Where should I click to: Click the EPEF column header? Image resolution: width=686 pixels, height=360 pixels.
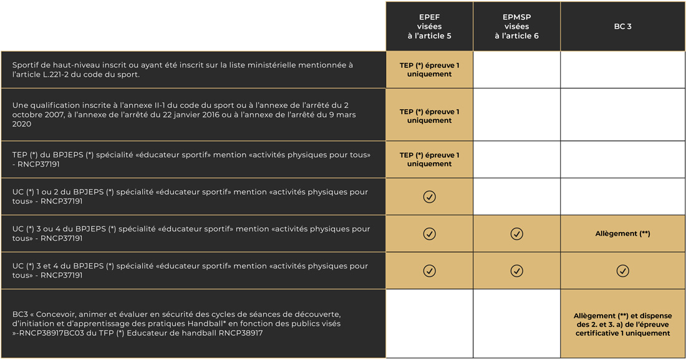[x=429, y=27]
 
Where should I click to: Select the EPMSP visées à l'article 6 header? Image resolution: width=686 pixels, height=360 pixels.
[x=516, y=27]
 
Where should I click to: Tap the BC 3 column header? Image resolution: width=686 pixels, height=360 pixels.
[x=622, y=27]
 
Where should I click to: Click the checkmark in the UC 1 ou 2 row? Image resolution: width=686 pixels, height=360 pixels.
[x=430, y=197]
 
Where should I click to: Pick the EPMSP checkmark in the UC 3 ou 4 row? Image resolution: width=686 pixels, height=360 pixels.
[x=516, y=233]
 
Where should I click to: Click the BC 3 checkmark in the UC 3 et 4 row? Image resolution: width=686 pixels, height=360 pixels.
[x=622, y=271]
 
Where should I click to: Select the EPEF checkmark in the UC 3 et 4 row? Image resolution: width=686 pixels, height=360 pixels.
[x=430, y=271]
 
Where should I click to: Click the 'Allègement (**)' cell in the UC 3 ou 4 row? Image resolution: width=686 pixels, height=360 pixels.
[x=622, y=233]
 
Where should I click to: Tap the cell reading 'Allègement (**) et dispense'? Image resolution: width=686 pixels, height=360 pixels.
[x=622, y=324]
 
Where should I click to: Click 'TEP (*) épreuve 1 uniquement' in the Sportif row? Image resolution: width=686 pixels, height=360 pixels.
[x=429, y=69]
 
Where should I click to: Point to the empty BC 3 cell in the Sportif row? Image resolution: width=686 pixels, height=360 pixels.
[x=622, y=69]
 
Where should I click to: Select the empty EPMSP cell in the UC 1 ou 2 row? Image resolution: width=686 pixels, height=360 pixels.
[x=516, y=197]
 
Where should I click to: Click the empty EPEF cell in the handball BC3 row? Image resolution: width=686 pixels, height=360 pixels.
[x=429, y=323]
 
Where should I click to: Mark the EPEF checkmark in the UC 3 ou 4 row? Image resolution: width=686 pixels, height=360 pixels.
[x=430, y=233]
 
